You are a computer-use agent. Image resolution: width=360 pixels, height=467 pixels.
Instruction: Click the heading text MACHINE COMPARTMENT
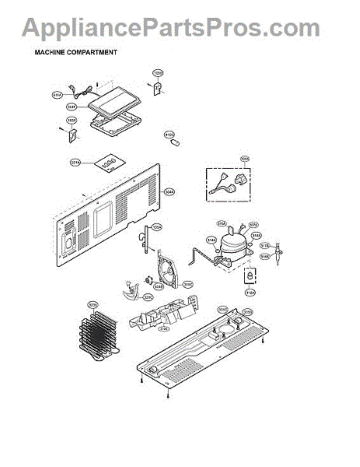point(75,53)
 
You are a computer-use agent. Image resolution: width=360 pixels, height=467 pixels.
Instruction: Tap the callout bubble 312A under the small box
point(250,293)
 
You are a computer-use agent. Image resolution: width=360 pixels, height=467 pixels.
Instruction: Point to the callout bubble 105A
point(156,227)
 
